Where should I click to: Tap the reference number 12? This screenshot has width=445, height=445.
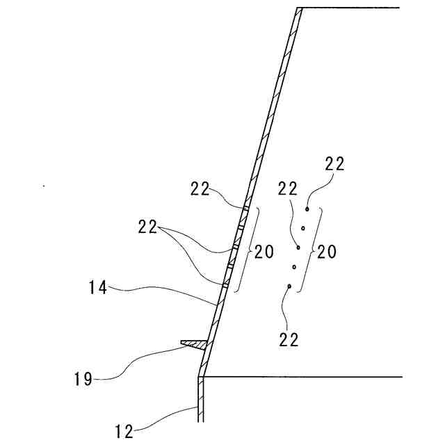point(124,431)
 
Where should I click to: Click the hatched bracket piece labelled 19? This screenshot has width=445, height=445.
point(194,343)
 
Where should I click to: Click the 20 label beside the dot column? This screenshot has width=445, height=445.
point(326,252)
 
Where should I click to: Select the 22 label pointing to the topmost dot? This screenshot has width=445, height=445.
point(334,164)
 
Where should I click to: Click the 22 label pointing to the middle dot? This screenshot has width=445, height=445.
point(288,188)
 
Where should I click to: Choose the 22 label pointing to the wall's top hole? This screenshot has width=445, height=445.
point(200,188)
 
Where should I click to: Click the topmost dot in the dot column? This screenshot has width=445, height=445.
point(307,208)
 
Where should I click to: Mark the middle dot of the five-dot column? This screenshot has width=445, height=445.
point(298,247)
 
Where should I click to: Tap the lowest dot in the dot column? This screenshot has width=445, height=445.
point(289,286)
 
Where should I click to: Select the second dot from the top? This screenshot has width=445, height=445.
point(303,227)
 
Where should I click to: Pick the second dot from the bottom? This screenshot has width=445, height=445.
point(294,266)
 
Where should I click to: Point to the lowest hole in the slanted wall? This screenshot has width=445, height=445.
point(225,284)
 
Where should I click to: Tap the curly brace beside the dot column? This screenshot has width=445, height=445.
point(316,249)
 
